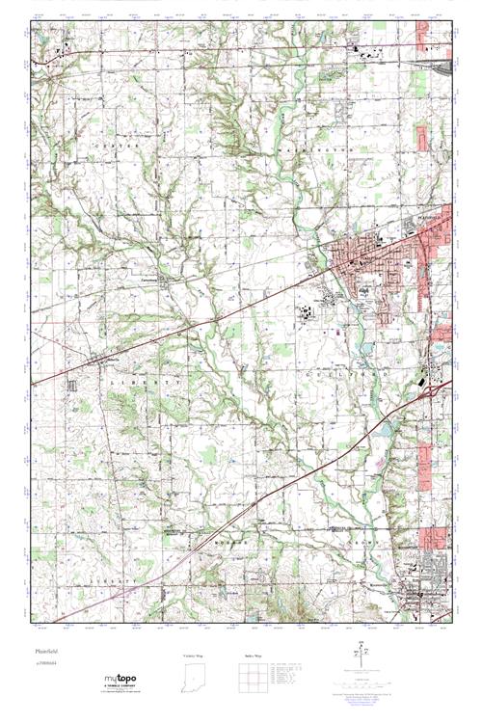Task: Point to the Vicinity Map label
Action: (194, 656)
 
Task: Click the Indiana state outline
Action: (194, 679)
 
